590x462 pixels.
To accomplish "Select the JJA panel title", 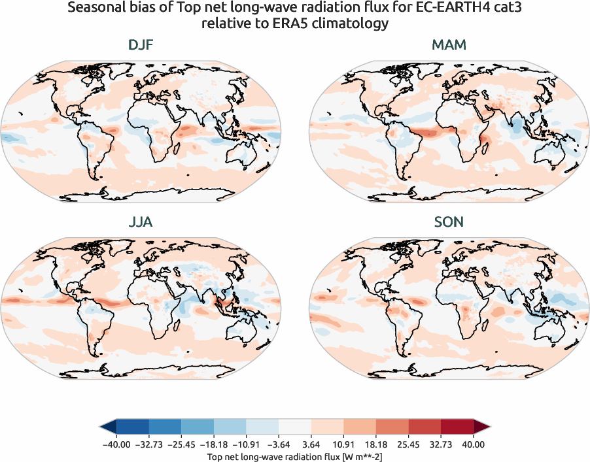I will [141, 222].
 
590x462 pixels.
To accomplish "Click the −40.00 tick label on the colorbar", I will [116, 444].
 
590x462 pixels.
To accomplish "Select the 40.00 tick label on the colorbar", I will [474, 444].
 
